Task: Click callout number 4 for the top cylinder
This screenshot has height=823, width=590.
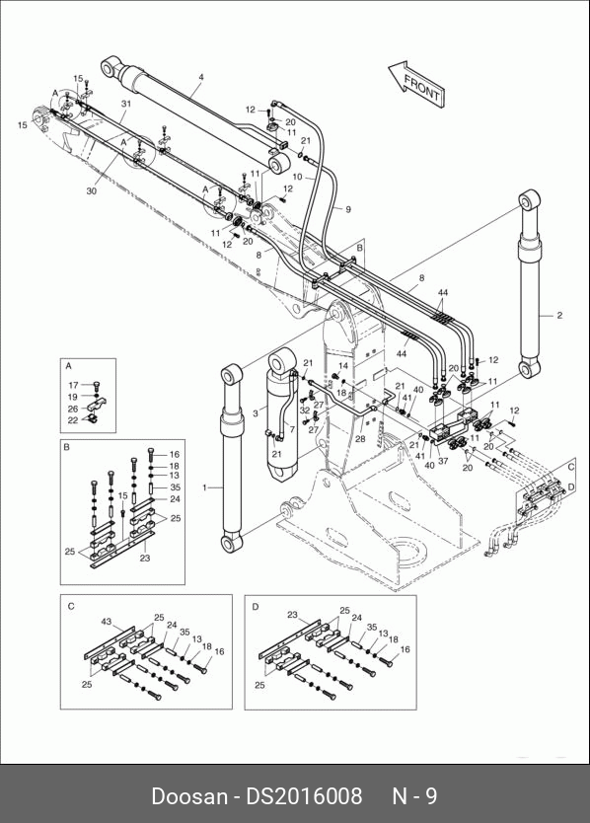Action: [201, 77]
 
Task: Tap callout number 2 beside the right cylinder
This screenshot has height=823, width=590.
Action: [559, 316]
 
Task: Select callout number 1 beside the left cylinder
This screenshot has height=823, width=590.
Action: [205, 487]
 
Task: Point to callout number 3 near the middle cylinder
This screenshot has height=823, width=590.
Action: [256, 413]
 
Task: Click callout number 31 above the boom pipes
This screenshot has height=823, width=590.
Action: [126, 104]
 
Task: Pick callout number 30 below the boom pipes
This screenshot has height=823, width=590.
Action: [92, 191]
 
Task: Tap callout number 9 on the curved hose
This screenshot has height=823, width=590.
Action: [348, 209]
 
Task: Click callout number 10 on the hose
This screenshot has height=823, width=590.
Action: [298, 177]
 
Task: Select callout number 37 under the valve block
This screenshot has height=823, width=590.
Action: [444, 462]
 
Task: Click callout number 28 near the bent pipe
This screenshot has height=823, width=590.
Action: [360, 439]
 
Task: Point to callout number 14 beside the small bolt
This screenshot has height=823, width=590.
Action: [343, 366]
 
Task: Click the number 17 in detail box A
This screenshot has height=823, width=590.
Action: [73, 386]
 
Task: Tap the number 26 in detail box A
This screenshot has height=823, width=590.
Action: [73, 409]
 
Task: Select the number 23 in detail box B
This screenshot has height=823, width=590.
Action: [145, 558]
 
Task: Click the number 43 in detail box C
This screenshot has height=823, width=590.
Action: [106, 622]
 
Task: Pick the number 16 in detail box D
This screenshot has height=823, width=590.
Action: [405, 649]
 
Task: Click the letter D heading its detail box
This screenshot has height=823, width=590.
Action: [256, 607]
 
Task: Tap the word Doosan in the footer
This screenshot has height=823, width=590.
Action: [189, 796]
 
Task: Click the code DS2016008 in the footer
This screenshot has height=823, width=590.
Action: [305, 796]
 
